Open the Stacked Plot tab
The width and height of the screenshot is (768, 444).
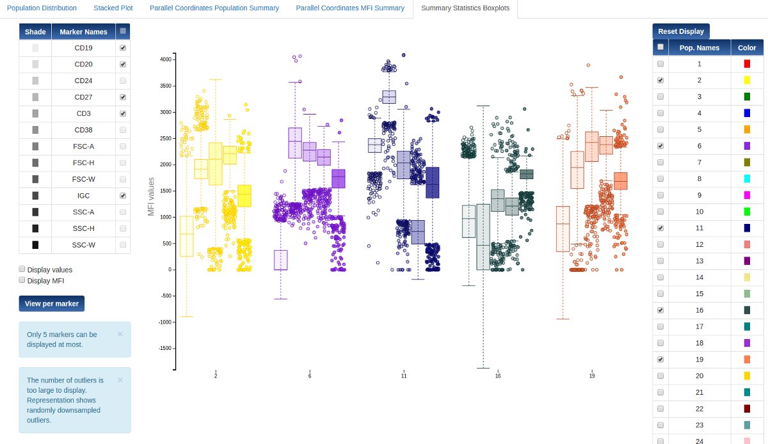pyautogui.click(x=113, y=8)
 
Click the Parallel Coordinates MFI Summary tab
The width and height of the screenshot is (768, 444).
pyautogui.click(x=350, y=8)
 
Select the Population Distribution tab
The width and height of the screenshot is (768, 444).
pyautogui.click(x=42, y=8)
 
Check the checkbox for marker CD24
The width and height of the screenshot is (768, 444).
pyautogui.click(x=123, y=81)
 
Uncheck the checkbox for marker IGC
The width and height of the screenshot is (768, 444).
pyautogui.click(x=123, y=196)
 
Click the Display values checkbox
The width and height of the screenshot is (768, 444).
pyautogui.click(x=22, y=269)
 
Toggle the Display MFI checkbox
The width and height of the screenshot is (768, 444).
pyautogui.click(x=22, y=280)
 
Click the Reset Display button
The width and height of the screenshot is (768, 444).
pyautogui.click(x=681, y=31)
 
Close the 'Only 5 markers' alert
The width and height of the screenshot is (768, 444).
pyautogui.click(x=120, y=334)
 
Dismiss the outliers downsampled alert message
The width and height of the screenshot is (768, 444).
pyautogui.click(x=120, y=379)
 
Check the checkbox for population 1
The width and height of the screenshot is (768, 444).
pyautogui.click(x=660, y=64)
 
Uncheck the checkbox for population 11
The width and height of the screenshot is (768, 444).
pyautogui.click(x=660, y=228)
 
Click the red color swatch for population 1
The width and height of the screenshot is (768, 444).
pyautogui.click(x=747, y=64)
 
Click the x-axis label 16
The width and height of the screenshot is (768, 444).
pyautogui.click(x=498, y=376)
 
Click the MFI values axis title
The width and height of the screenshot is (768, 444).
pyautogui.click(x=152, y=196)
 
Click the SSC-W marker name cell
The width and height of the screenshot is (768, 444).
pyautogui.click(x=84, y=245)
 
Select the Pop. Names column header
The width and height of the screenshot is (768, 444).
pyautogui.click(x=699, y=47)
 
